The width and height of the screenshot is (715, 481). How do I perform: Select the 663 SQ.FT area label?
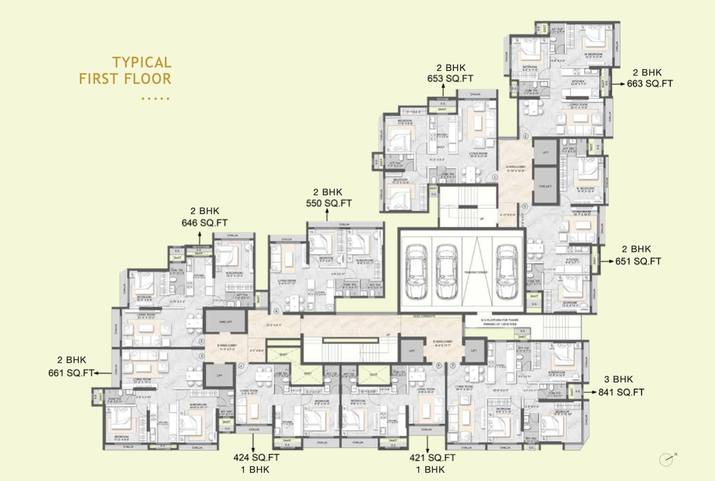[650, 83]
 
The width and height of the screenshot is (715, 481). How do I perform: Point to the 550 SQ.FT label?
[328, 203]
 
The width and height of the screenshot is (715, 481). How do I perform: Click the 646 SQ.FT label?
[205, 222]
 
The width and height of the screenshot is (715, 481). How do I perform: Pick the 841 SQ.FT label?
[622, 392]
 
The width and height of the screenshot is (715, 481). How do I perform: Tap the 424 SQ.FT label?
[254, 458]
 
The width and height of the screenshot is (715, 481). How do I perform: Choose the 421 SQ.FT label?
[433, 458]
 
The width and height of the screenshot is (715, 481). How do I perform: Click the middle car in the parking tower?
[446, 270]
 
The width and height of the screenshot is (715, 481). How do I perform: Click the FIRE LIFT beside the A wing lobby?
[545, 186]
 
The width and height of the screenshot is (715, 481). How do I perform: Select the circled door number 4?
[276, 311]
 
